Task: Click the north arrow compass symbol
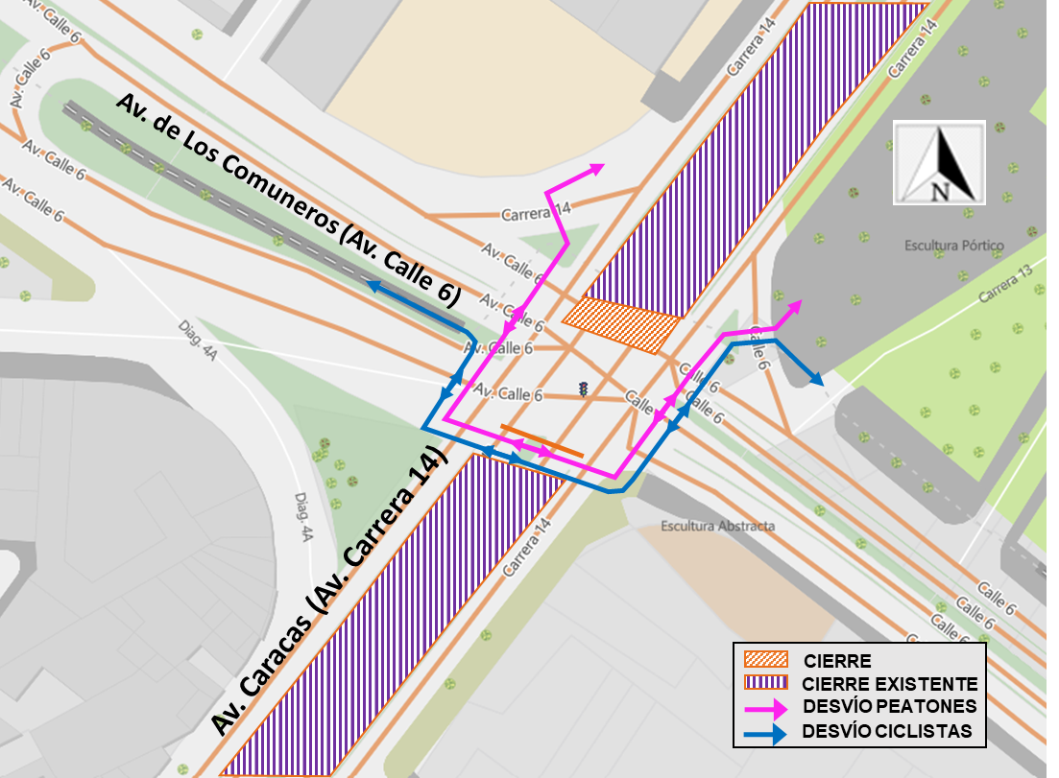[939, 162]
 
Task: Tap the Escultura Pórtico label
[953, 246]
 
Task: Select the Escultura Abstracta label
[717, 527]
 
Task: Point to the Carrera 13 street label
[1005, 283]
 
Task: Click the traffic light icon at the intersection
[583, 389]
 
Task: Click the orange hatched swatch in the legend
[766, 660]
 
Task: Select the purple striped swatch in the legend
[766, 683]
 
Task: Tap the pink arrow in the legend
[766, 707]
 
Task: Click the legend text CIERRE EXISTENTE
[890, 684]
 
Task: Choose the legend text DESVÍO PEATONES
[890, 707]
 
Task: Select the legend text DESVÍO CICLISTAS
[889, 732]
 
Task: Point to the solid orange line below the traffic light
[542, 440]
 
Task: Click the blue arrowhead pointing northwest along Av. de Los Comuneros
[375, 285]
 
